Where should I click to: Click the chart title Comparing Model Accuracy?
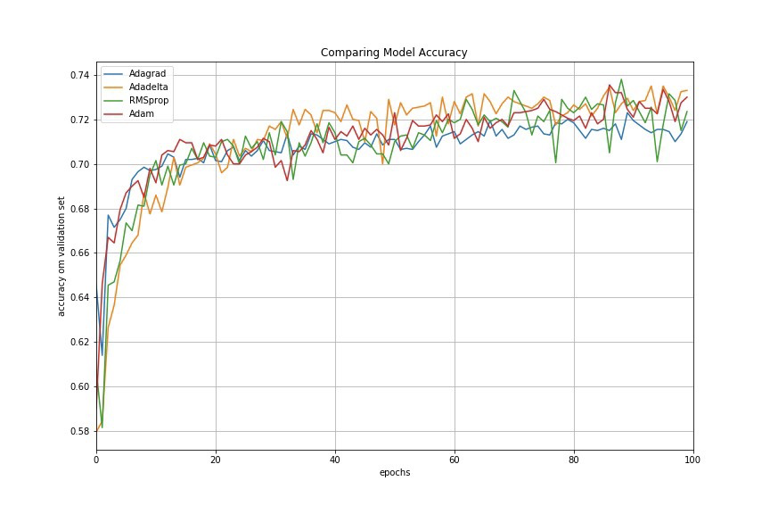(x=394, y=53)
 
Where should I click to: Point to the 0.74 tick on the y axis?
(x=79, y=75)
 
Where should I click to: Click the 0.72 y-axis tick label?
(x=79, y=120)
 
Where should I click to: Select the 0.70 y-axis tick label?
(x=79, y=164)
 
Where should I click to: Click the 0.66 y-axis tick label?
(x=79, y=253)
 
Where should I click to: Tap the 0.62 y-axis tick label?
(x=79, y=342)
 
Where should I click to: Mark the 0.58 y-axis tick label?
(x=79, y=431)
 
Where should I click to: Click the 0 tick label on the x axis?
(x=96, y=460)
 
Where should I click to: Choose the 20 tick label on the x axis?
(x=216, y=460)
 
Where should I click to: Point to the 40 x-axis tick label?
(x=335, y=460)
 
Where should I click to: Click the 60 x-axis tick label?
(x=455, y=460)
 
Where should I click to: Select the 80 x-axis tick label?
(x=574, y=460)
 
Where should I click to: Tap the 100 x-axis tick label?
(x=692, y=460)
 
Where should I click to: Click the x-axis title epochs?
(x=394, y=473)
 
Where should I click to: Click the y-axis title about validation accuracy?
(x=61, y=256)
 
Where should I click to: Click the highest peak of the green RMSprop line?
(x=621, y=79)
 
